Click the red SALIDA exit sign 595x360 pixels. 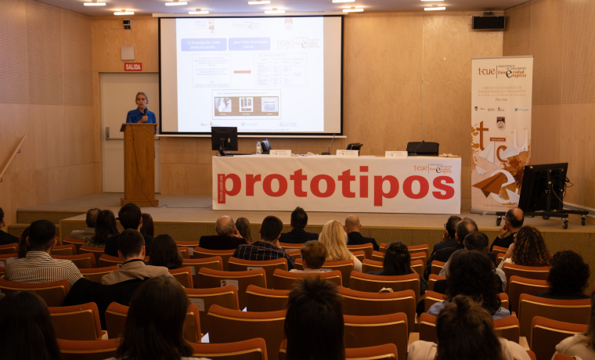[x=133, y=67]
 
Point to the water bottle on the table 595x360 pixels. [x=258, y=147]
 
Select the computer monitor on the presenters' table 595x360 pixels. [x=224, y=139]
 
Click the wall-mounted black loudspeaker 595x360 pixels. [x=489, y=23]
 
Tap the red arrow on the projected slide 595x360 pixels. [x=243, y=72]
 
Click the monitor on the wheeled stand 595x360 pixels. [x=544, y=188]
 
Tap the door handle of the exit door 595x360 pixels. [x=107, y=133]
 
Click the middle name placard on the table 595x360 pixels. [x=347, y=153]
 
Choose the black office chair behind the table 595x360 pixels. [x=423, y=148]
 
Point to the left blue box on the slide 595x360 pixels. [x=204, y=44]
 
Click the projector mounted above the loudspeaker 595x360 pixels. [x=489, y=12]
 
